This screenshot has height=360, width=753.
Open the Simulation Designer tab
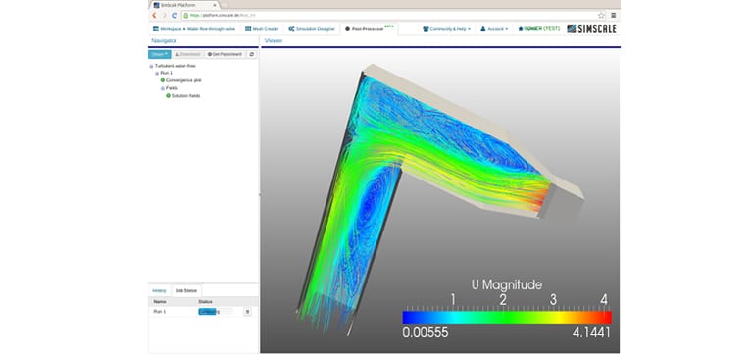(314, 29)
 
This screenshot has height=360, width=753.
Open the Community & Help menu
(447, 29)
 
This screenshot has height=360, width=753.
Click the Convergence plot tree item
(183, 80)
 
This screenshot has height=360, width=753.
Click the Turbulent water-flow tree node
(176, 66)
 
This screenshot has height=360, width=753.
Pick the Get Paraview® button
(225, 54)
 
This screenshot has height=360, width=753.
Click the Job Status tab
(185, 291)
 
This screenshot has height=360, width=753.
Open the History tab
(159, 291)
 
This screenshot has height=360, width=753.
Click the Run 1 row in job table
(160, 311)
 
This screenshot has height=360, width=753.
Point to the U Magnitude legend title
(506, 285)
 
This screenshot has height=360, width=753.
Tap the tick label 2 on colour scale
(502, 299)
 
